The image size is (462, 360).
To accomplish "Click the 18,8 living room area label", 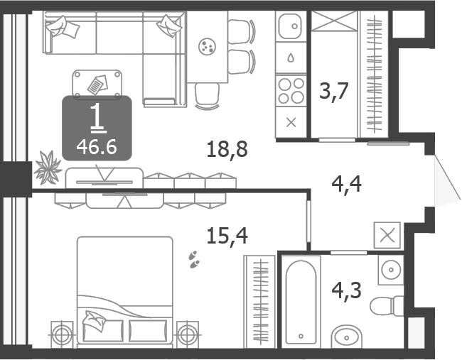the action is click(227, 149).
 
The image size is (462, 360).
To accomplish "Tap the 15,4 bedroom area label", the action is click(227, 236).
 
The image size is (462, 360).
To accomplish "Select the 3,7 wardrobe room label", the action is click(334, 92).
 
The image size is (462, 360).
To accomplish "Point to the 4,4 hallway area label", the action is click(347, 184).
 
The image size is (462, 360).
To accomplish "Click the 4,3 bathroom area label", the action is click(347, 290).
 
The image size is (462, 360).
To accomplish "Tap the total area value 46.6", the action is click(97, 147).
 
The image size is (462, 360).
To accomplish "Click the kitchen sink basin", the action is click(291, 26).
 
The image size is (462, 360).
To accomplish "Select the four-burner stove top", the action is click(291, 91).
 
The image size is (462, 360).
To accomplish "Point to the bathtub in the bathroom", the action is click(301, 302).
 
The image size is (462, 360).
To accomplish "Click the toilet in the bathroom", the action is click(387, 306).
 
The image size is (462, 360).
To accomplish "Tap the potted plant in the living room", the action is click(48, 168).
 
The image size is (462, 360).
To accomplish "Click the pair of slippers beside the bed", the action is click(193, 259).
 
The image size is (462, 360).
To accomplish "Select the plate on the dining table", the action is click(207, 46).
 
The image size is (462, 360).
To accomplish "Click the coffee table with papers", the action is click(97, 84).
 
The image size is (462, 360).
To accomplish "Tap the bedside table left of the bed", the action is click(62, 335).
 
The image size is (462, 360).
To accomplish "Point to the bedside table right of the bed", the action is click(188, 335).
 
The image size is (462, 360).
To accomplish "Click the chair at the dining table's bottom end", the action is click(207, 97).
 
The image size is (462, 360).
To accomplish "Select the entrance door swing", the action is click(447, 181).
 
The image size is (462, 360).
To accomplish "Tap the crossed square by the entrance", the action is click(387, 236).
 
